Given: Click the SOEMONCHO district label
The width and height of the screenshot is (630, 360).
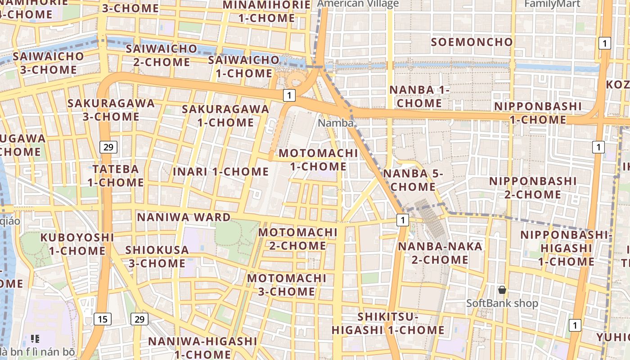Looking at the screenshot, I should [x=472, y=42].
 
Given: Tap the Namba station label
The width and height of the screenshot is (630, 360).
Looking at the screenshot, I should [x=336, y=123].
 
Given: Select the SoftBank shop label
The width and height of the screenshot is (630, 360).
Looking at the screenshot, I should [x=502, y=303].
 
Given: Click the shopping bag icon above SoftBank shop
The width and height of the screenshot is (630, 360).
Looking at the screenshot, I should [x=502, y=290].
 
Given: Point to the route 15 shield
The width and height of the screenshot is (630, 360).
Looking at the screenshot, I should [x=103, y=319].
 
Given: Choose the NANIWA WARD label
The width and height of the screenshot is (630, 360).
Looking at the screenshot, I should [x=184, y=217].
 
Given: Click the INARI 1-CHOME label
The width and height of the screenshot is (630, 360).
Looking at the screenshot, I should [x=220, y=171].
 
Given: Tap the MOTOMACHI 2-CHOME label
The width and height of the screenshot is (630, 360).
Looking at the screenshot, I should [x=297, y=239].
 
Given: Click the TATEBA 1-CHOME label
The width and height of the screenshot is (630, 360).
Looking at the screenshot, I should [x=116, y=176].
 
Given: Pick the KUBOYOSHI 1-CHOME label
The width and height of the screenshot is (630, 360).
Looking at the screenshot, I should [x=77, y=244].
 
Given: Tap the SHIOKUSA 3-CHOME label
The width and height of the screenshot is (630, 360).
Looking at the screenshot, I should [x=157, y=256].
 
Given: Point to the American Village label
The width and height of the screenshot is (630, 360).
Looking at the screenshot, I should [x=358, y=4].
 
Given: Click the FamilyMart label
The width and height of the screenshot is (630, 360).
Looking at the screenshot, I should [x=552, y=4].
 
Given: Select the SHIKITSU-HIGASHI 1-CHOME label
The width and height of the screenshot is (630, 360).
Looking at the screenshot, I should [x=388, y=324].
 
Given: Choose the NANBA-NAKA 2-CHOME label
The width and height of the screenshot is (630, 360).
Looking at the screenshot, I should [x=440, y=253].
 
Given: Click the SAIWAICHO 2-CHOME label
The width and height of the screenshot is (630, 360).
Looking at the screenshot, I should [x=162, y=55].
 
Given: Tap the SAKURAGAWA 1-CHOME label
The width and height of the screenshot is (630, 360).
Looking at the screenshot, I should [x=225, y=116].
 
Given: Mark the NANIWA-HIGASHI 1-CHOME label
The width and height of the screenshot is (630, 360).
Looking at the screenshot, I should [x=202, y=347].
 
